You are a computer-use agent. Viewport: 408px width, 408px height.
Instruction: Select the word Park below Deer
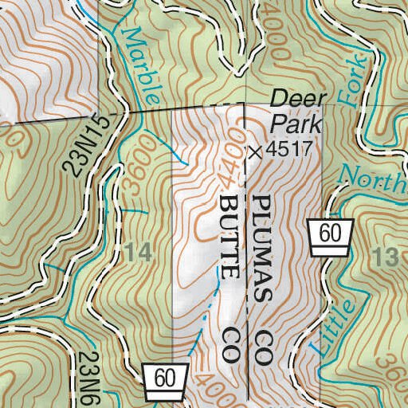(296, 124)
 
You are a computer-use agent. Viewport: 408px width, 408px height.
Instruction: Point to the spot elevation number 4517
(287, 151)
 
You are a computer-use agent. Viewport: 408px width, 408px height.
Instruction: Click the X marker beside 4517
(255, 152)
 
